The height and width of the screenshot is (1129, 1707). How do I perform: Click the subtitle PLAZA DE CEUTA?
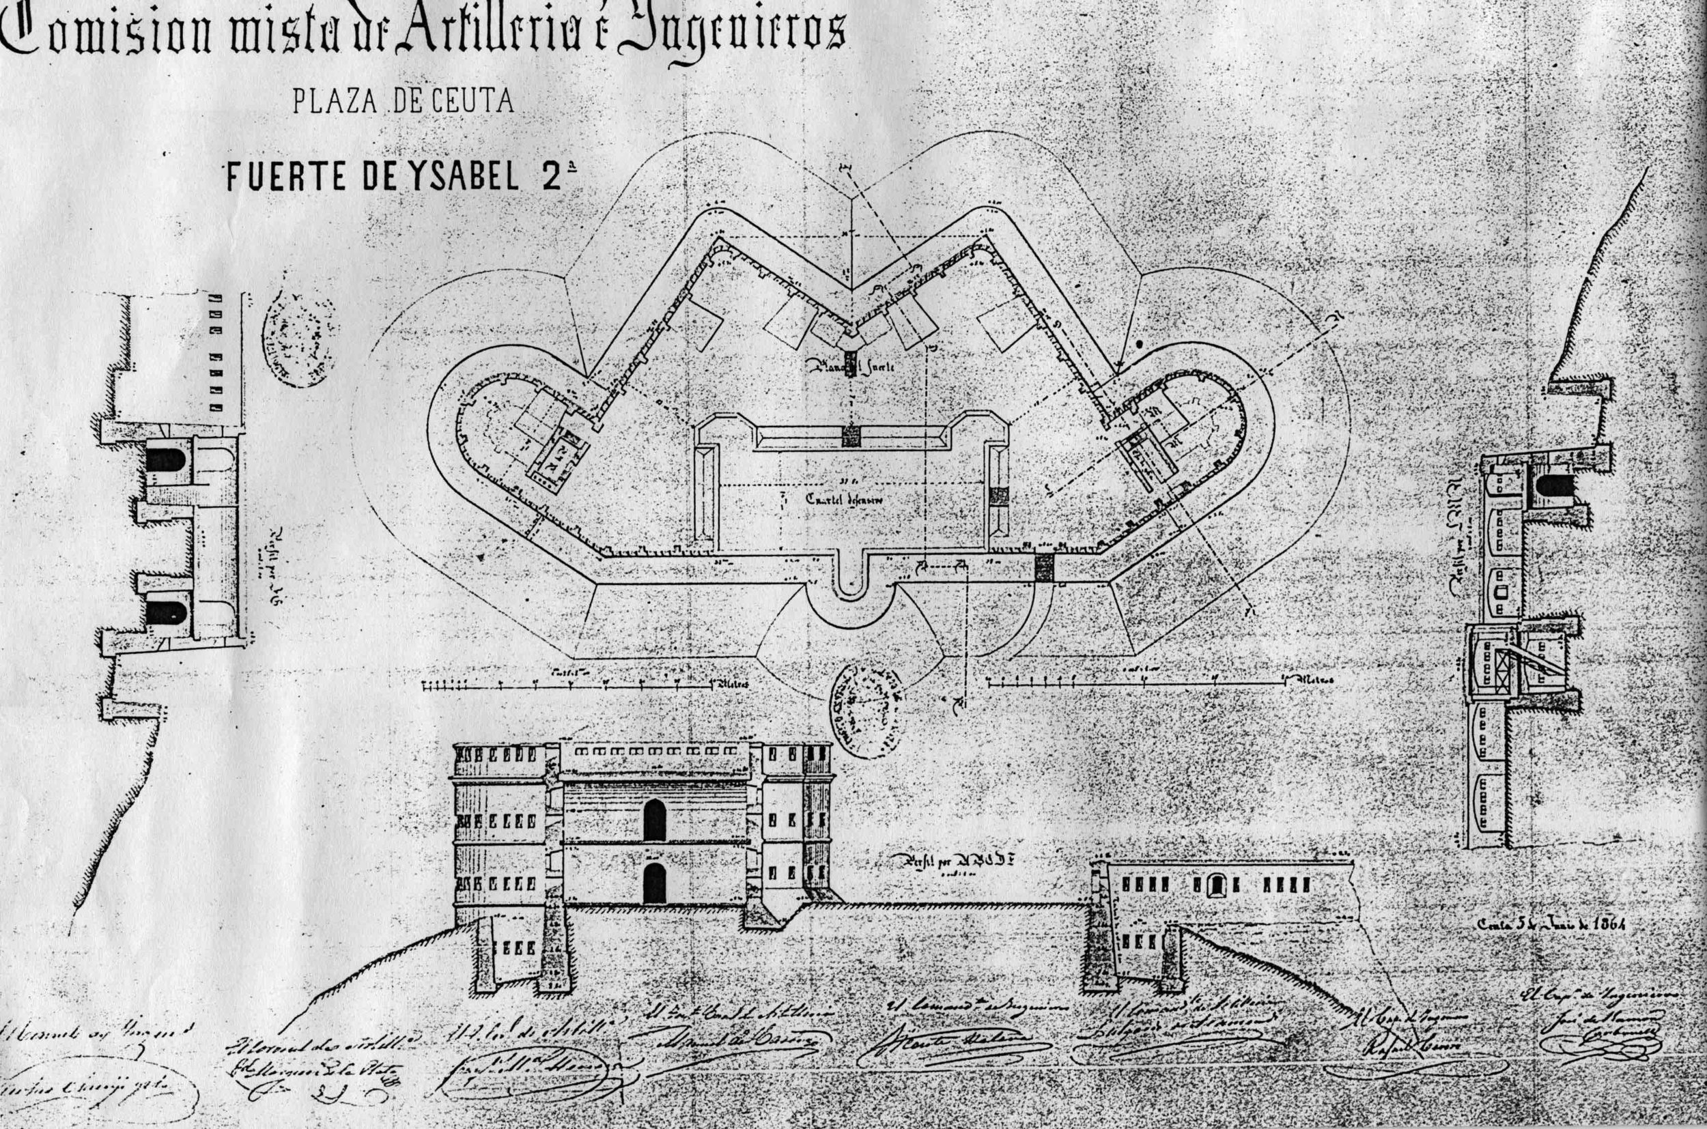(403, 102)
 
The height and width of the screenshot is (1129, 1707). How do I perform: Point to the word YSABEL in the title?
(444, 176)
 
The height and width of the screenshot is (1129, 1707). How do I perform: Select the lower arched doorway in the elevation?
(654, 883)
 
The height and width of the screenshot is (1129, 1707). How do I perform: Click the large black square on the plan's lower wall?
(1043, 567)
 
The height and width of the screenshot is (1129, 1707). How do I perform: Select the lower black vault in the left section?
(166, 613)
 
